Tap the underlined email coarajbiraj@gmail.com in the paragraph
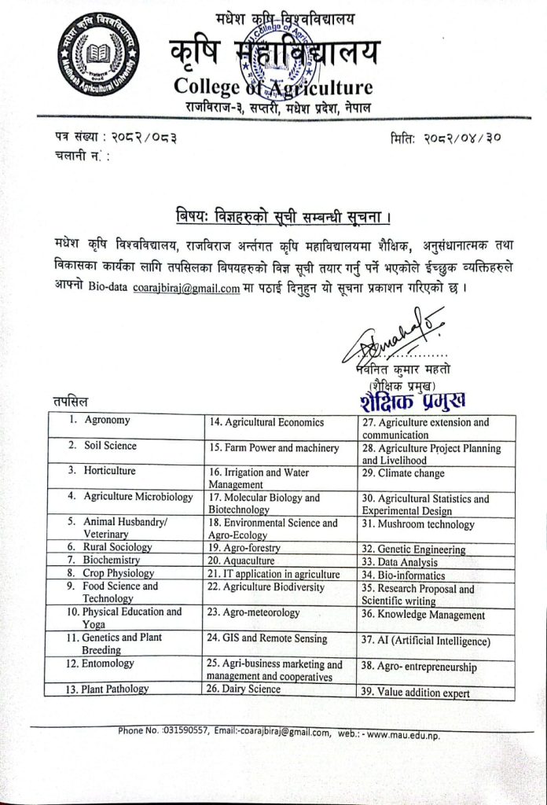click(186, 288)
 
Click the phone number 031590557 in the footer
click(186, 730)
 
